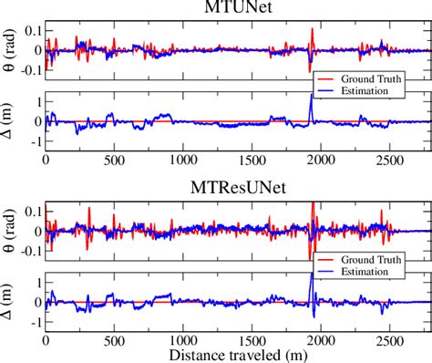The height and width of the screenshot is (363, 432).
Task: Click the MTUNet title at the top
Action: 241,10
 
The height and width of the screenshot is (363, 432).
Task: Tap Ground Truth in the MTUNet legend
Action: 371,79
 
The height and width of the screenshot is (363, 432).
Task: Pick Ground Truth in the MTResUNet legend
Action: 371,259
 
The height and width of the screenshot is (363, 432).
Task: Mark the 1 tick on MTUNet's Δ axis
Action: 36,100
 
